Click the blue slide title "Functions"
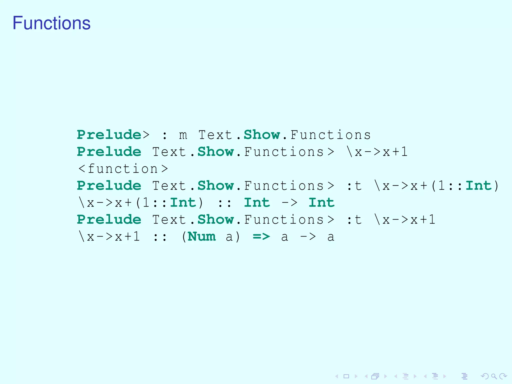[x=51, y=23]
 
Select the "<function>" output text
[x=123, y=169]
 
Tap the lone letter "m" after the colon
[x=183, y=135]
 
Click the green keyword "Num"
[x=202, y=236]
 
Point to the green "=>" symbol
[x=261, y=236]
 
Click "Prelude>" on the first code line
[x=113, y=135]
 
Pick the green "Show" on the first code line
[x=262, y=135]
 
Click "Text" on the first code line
[x=215, y=135]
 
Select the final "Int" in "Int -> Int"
[x=321, y=202]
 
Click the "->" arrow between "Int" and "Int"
[x=289, y=202]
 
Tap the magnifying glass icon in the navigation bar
[x=494, y=376]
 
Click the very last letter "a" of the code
[x=331, y=236]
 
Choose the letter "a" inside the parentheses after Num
[x=229, y=236]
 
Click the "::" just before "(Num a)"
[x=160, y=236]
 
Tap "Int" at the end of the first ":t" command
[x=478, y=186]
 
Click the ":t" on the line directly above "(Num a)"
[x=354, y=220]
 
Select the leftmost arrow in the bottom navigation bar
[x=336, y=376]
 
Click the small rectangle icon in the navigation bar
[x=346, y=376]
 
